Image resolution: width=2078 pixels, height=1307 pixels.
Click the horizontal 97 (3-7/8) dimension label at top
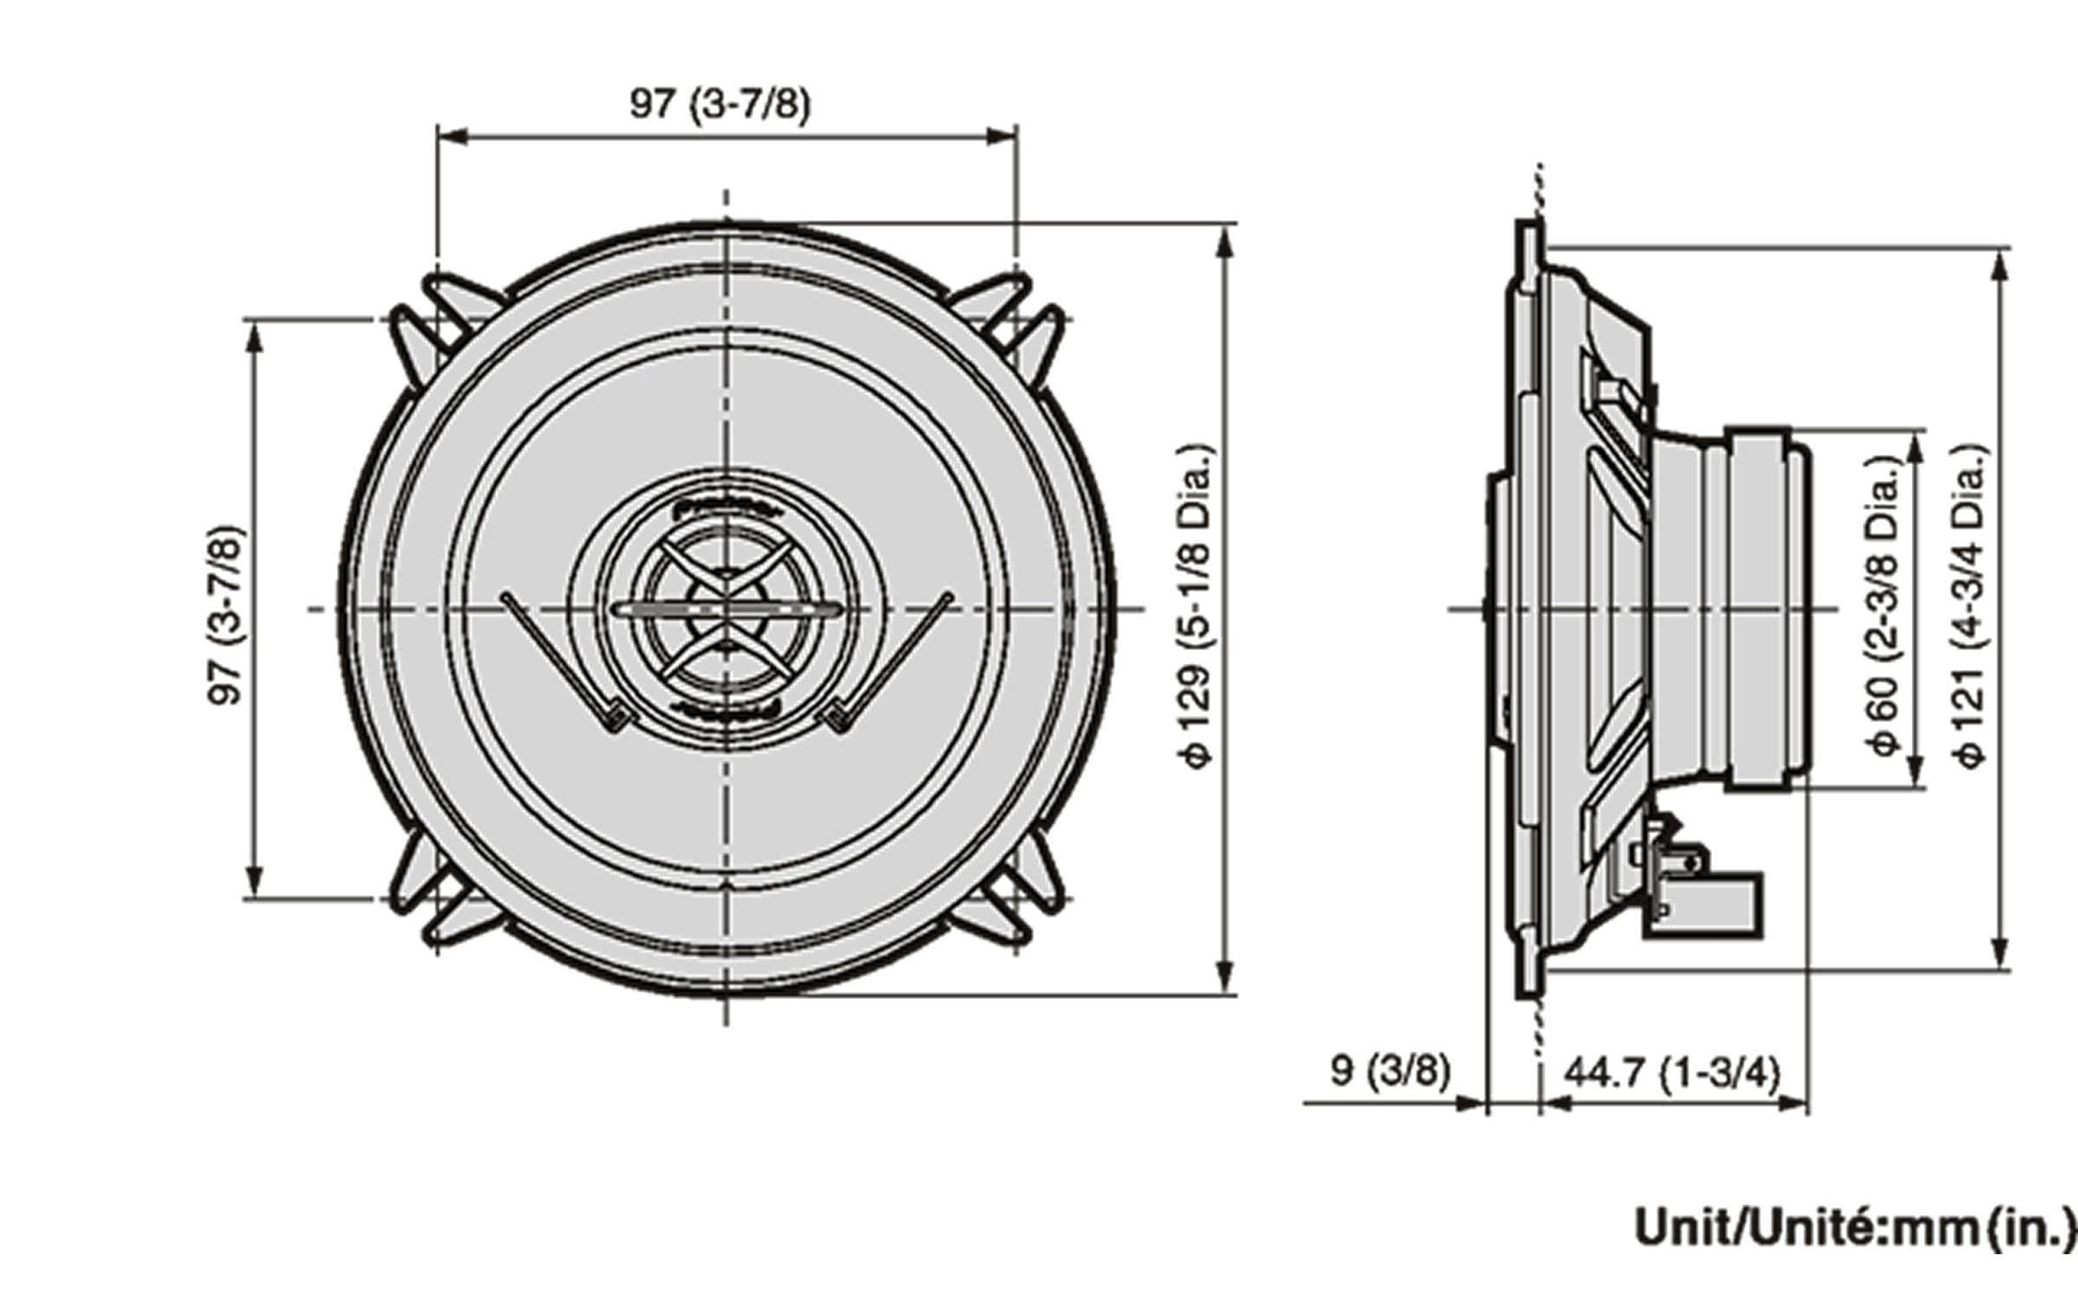point(720,106)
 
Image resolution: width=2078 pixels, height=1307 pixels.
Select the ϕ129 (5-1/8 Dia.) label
point(1197,607)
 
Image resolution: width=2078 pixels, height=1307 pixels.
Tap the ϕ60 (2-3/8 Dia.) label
point(1885,607)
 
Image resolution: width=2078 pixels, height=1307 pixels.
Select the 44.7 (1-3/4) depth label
point(1672,1073)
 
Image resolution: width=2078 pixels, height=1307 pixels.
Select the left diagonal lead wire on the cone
point(558,658)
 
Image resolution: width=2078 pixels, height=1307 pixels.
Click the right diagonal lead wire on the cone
point(892,658)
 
